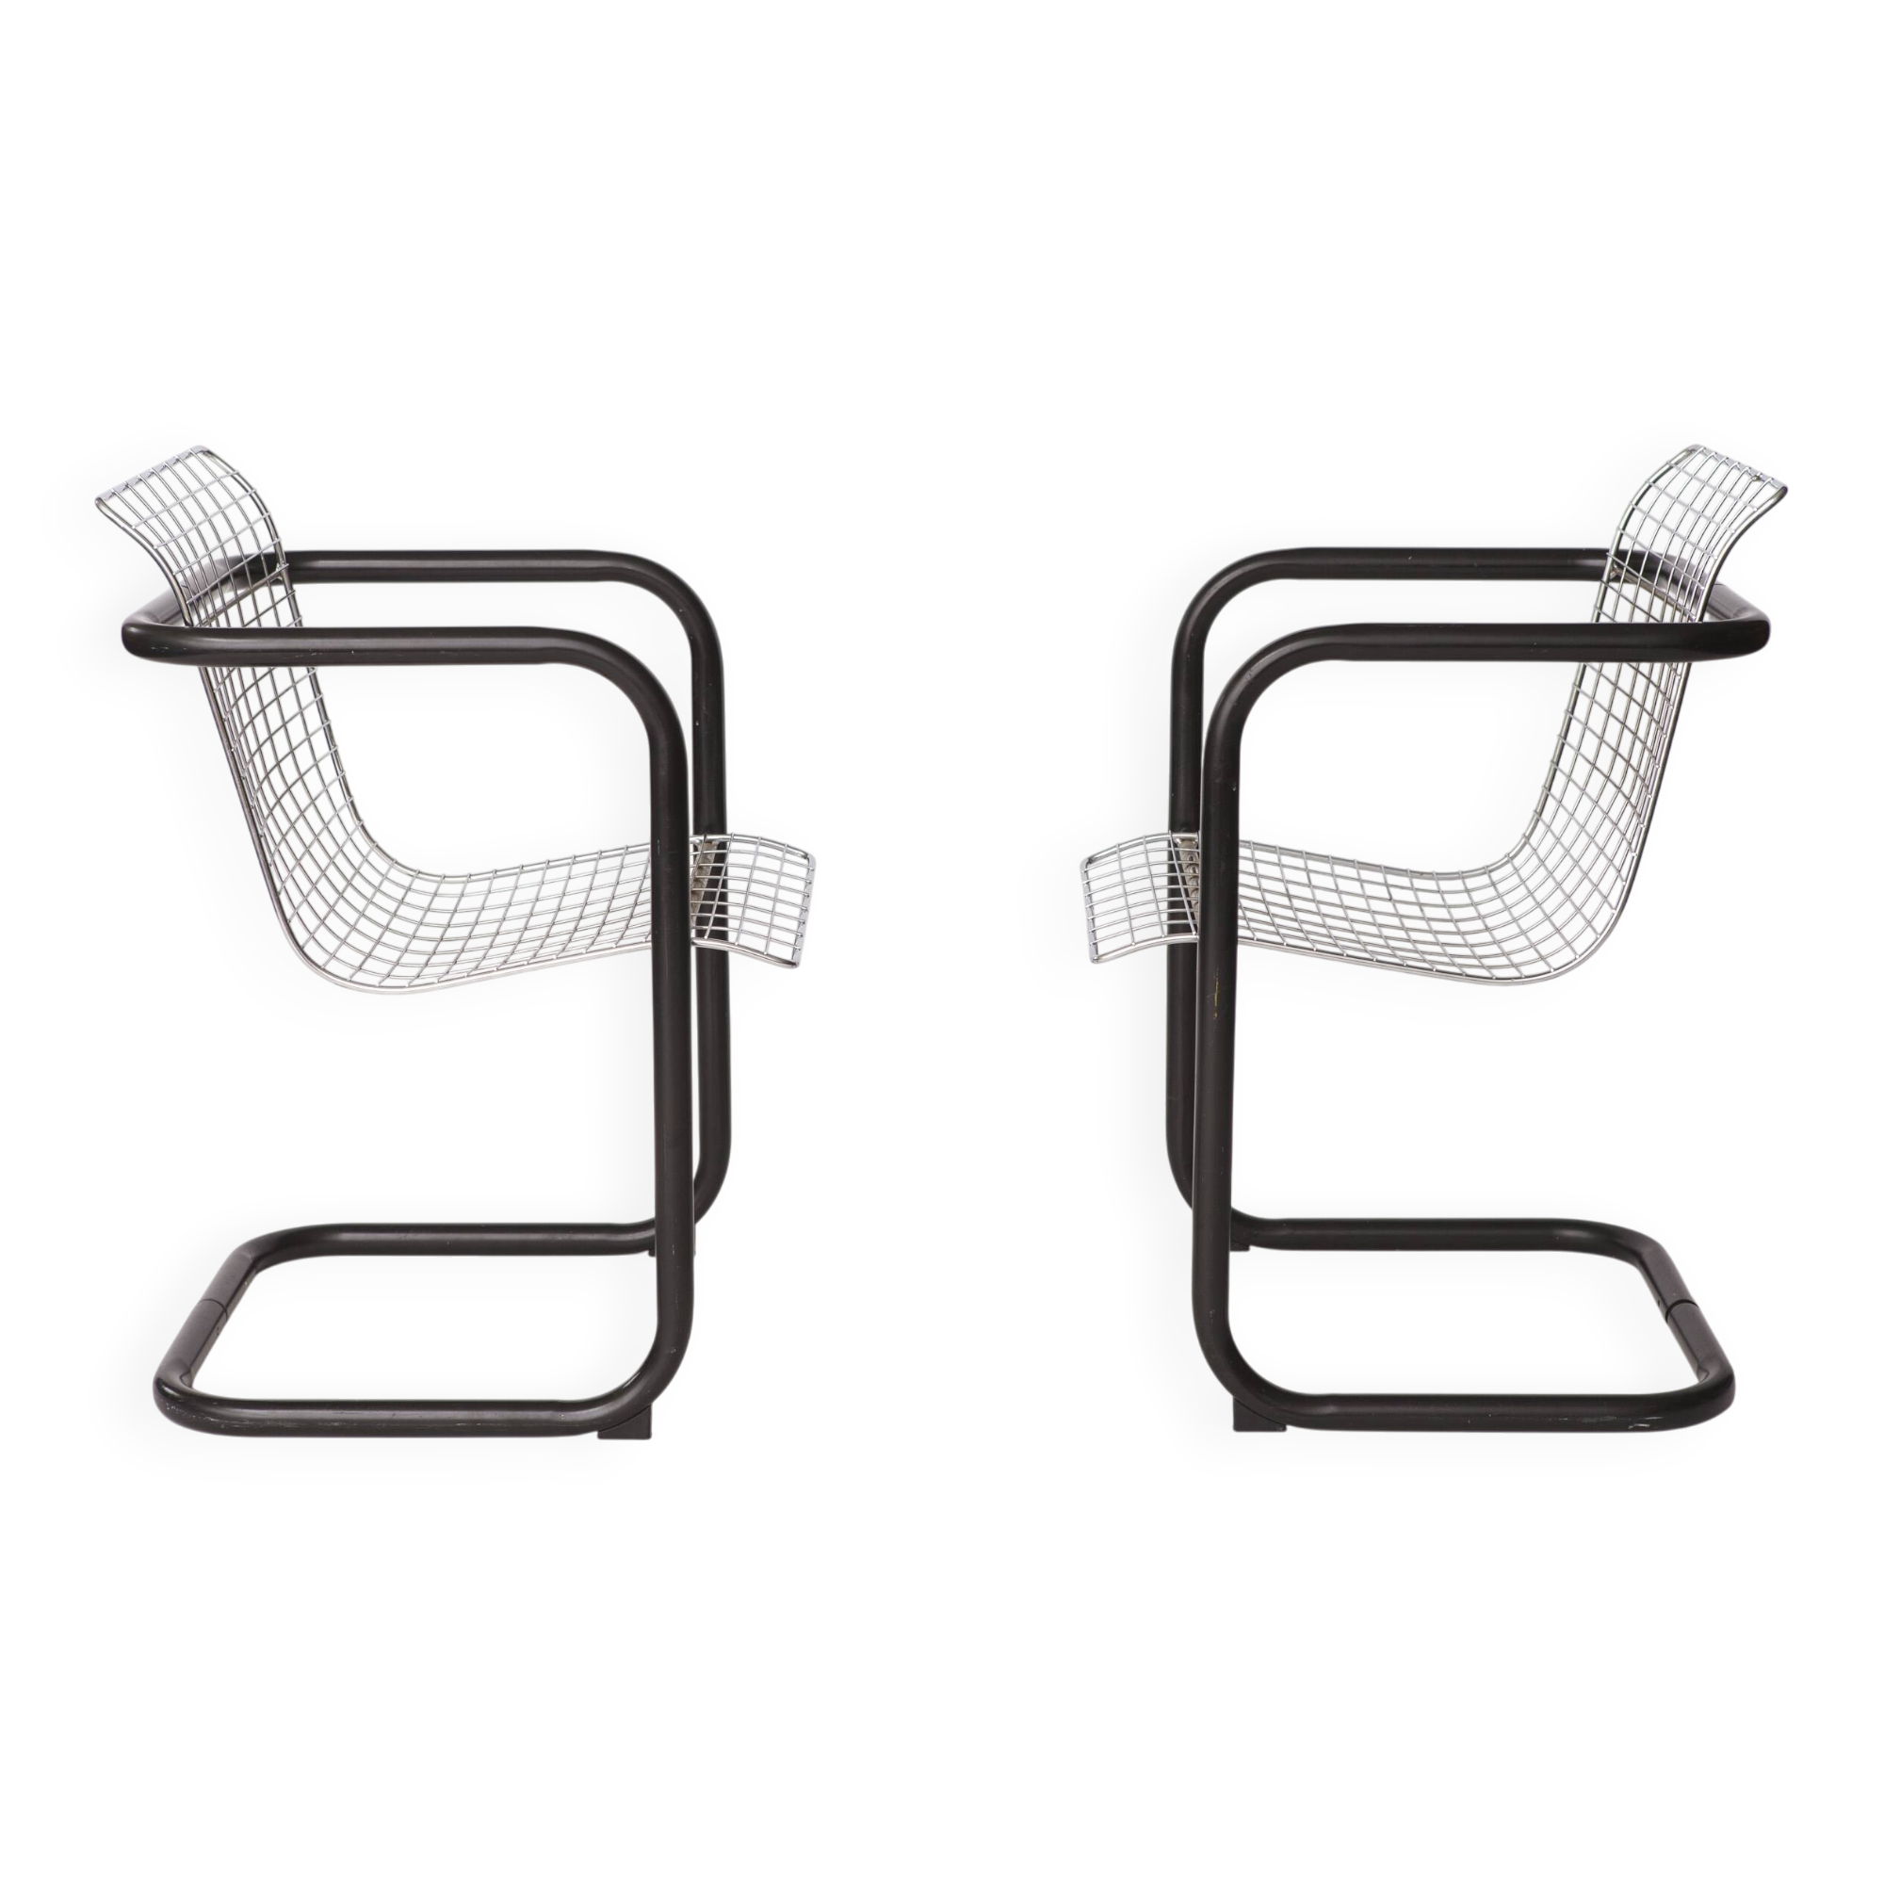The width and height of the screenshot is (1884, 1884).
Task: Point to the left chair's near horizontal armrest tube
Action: [x=390, y=644]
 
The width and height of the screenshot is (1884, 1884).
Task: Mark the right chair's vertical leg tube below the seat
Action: [x=1212, y=1121]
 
